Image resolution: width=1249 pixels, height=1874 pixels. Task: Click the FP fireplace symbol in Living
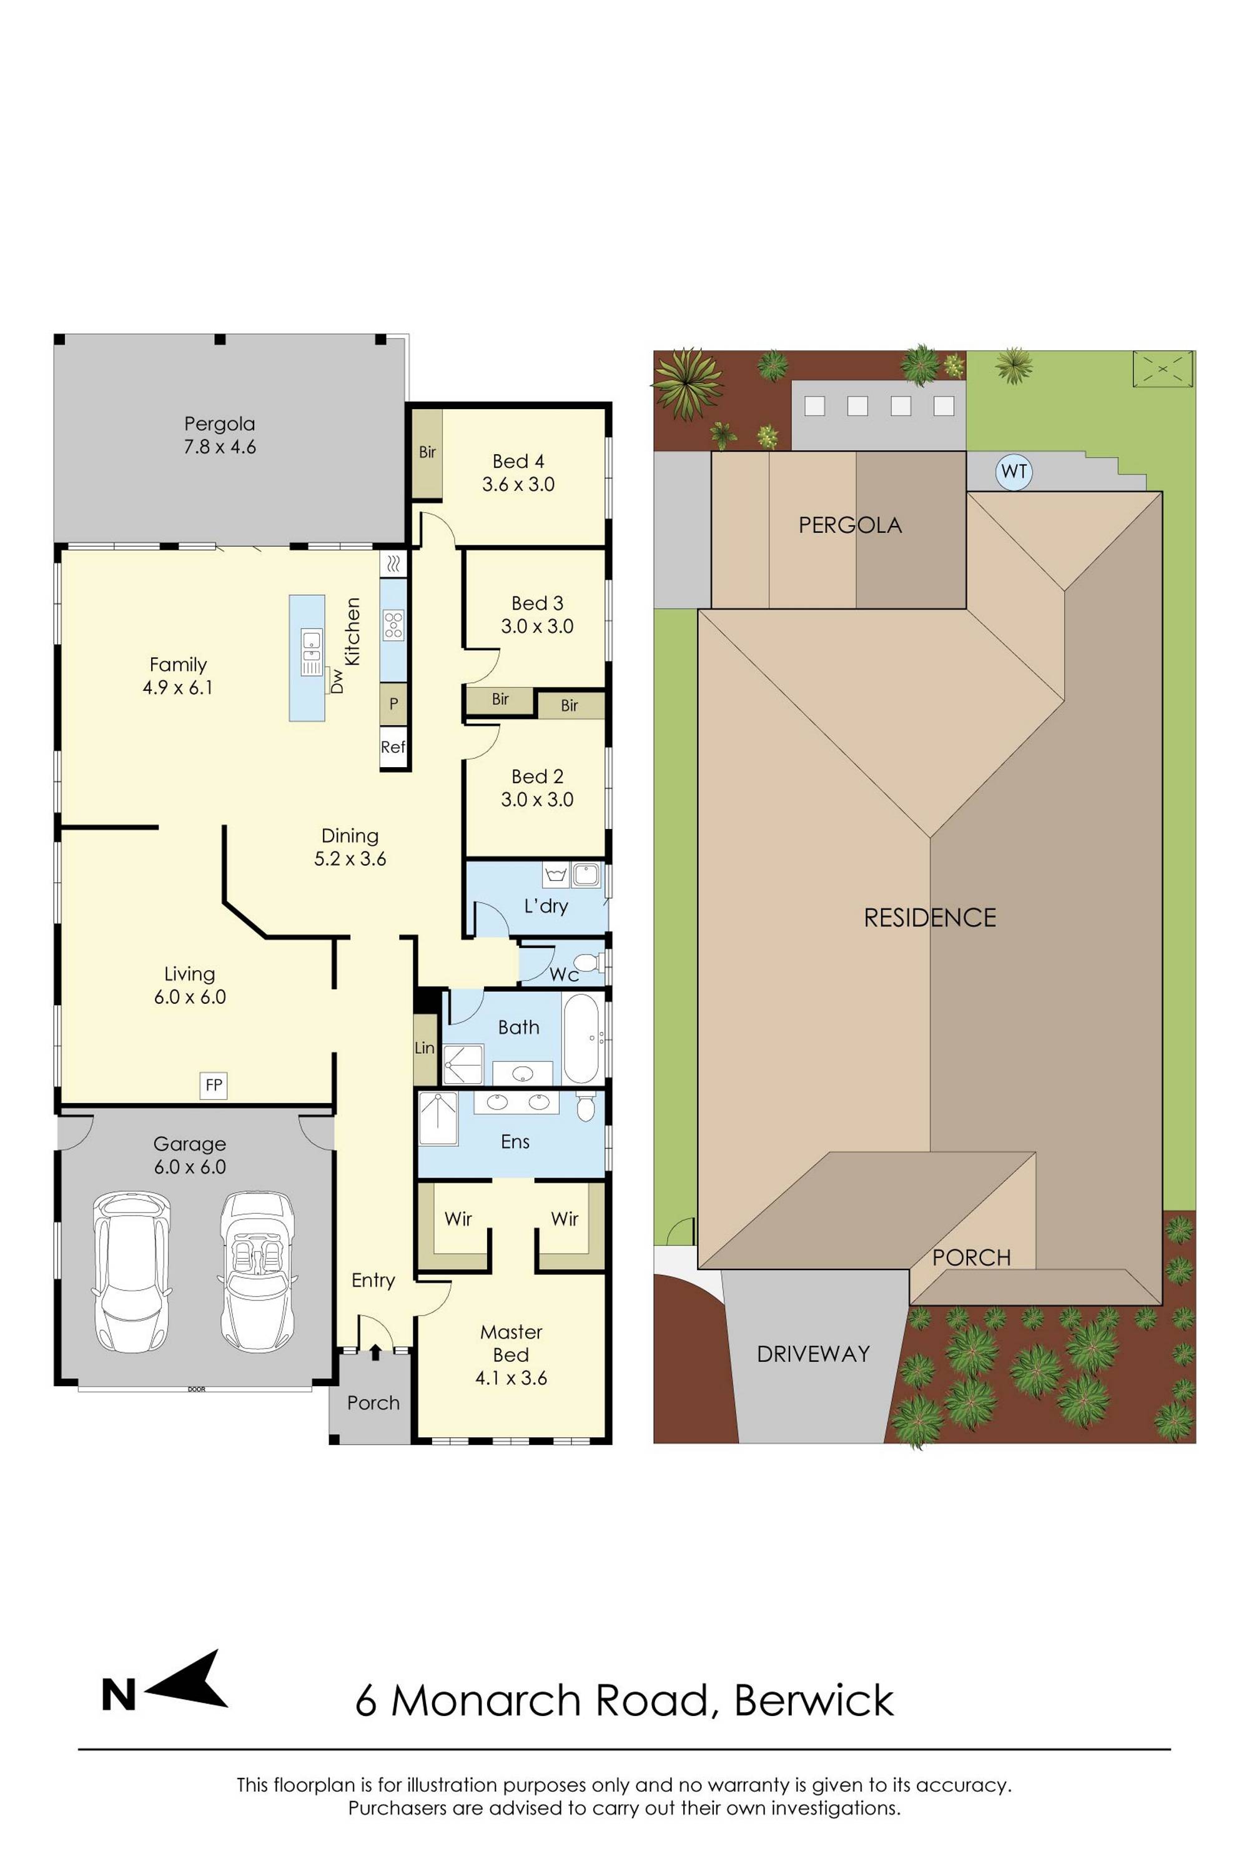click(214, 1084)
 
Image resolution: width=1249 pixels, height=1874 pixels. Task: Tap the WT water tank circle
click(1013, 471)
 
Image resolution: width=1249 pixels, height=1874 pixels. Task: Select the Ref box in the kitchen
click(393, 746)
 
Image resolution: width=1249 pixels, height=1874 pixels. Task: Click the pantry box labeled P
click(393, 705)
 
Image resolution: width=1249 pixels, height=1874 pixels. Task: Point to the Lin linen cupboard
click(425, 1048)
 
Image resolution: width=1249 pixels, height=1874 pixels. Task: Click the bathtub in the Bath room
click(581, 1038)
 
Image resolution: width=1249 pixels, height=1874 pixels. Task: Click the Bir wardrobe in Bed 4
click(427, 452)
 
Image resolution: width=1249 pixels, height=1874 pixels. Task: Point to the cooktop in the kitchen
click(393, 625)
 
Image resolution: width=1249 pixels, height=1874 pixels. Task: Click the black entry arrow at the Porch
click(374, 1353)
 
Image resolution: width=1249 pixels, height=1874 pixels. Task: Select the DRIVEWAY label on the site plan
click(812, 1354)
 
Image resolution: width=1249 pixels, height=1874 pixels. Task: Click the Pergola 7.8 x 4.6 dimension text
click(220, 447)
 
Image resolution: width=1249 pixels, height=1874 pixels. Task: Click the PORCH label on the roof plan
click(971, 1257)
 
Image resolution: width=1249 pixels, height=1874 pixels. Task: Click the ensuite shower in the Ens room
click(438, 1119)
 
